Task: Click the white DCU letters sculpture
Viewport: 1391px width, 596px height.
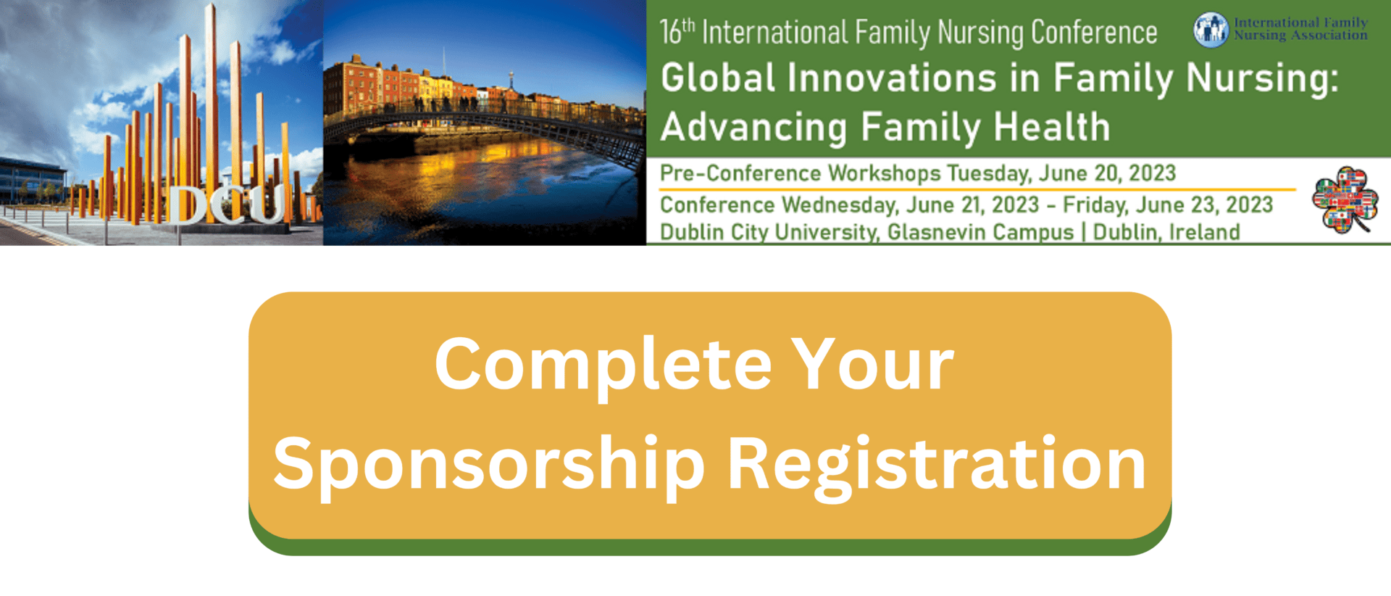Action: (226, 204)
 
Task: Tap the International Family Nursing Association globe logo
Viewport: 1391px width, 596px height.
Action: (1211, 30)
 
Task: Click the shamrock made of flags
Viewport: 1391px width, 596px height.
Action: (1345, 199)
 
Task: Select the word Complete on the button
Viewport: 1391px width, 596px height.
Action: (603, 365)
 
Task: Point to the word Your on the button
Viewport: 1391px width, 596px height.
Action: (872, 364)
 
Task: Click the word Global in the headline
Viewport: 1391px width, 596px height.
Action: (718, 78)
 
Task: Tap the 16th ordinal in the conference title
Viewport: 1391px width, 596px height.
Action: (677, 32)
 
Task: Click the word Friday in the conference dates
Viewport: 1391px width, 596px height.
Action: (1095, 205)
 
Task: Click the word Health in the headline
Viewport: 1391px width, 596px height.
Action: (1052, 128)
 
